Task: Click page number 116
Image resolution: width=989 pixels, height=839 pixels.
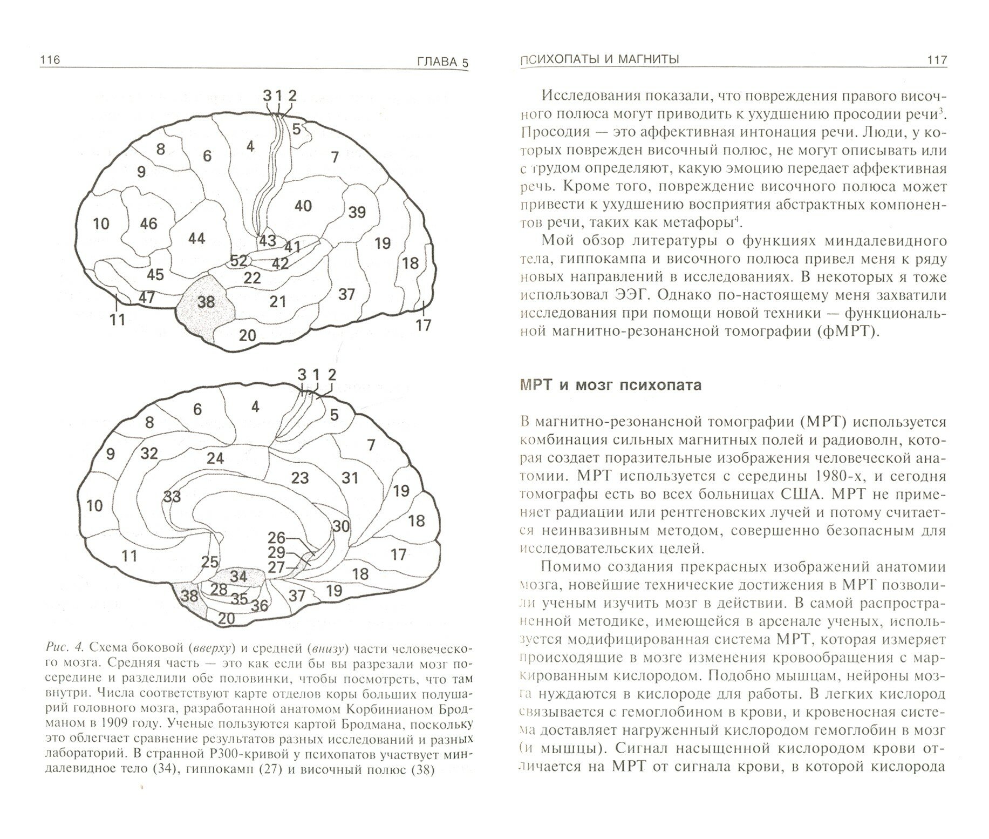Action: (50, 60)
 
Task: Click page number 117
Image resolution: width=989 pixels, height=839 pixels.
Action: (936, 60)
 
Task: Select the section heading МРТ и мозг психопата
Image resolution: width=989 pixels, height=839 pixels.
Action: (610, 385)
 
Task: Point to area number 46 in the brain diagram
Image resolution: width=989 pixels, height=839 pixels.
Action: (148, 223)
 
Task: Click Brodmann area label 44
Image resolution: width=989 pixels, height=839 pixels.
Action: (196, 238)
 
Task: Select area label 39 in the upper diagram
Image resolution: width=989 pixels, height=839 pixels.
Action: (357, 212)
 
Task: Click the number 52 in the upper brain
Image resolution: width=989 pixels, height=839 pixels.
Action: (238, 261)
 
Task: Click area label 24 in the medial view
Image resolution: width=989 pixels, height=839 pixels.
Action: (215, 458)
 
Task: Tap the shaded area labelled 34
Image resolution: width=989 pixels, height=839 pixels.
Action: (238, 576)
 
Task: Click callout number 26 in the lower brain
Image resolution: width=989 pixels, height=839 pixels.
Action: (276, 537)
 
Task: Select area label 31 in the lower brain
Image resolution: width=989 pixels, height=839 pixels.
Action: (350, 477)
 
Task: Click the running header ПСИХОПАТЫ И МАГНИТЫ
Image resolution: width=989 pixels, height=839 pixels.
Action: (599, 60)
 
